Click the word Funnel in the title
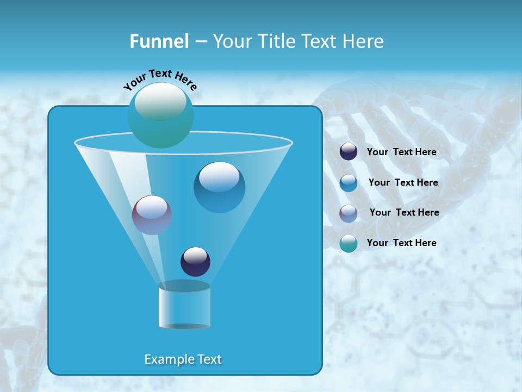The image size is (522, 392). pos(159,41)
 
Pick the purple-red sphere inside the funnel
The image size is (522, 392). pos(152,215)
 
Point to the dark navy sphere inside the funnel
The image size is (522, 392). pos(195,262)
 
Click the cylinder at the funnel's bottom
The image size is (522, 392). pos(184,306)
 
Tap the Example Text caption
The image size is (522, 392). pos(183,359)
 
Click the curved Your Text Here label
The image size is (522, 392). pos(160,79)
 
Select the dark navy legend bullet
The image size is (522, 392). pos(349,152)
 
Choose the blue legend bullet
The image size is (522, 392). pos(349,183)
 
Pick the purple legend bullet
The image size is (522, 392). pos(349,213)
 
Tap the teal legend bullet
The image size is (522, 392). pos(349,243)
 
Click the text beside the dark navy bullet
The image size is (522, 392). pos(401,152)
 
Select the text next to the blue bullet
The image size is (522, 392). pos(403,183)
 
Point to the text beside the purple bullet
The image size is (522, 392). pos(404,213)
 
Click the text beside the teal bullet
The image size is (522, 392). pos(401,243)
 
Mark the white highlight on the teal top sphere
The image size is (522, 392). pos(160,101)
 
